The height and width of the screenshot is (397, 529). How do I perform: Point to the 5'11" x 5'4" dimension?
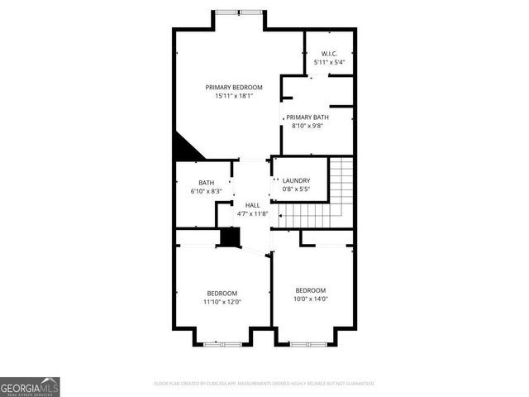(329, 62)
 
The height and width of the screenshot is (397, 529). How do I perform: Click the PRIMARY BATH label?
(307, 117)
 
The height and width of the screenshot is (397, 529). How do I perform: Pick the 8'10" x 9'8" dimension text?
(307, 127)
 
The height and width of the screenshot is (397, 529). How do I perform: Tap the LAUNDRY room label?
(296, 181)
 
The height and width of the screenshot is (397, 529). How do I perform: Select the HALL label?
(251, 205)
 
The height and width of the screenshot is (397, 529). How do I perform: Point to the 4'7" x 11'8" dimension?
(251, 214)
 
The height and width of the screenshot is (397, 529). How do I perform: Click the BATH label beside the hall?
(206, 184)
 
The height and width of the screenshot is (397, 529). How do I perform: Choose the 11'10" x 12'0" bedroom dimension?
(222, 302)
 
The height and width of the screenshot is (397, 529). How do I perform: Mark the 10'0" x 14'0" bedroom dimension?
(311, 299)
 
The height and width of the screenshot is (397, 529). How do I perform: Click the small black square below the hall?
(228, 237)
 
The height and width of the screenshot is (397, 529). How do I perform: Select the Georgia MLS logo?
(30, 386)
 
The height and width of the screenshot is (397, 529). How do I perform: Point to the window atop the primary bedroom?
(239, 12)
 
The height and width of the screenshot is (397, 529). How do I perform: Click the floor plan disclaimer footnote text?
(264, 384)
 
